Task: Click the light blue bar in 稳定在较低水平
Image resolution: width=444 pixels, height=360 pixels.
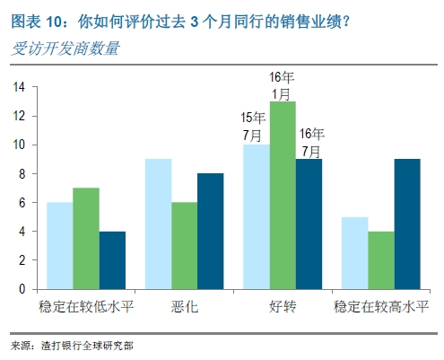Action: tap(59, 246)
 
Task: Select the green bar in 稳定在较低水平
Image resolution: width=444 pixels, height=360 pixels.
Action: tap(85, 239)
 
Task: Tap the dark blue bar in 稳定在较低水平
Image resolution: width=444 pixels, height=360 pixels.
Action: tap(112, 260)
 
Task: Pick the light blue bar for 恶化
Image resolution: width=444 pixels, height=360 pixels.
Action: tap(158, 224)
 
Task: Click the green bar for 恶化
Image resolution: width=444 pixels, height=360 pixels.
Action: tap(185, 246)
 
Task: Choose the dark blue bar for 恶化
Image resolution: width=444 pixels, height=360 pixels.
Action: tap(210, 232)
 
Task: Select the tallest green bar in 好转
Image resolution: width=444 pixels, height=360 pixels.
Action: tap(283, 196)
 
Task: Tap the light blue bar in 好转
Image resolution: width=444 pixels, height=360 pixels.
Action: tap(256, 217)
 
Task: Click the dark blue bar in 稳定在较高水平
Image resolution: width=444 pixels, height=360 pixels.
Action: tap(406, 224)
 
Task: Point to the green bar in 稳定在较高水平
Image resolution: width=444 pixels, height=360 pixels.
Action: tap(380, 260)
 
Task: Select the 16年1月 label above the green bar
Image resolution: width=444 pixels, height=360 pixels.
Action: tap(283, 85)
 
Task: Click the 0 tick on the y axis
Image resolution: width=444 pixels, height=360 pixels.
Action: tap(22, 289)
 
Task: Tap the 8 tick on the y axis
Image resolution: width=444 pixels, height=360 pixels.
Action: tap(22, 174)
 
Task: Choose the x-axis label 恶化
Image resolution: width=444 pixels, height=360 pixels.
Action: tap(185, 306)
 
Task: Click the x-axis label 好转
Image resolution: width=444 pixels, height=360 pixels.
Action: tap(283, 306)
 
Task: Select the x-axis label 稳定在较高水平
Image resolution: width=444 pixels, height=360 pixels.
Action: tap(380, 306)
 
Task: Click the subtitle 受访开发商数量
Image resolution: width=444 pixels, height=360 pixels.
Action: tap(65, 48)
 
